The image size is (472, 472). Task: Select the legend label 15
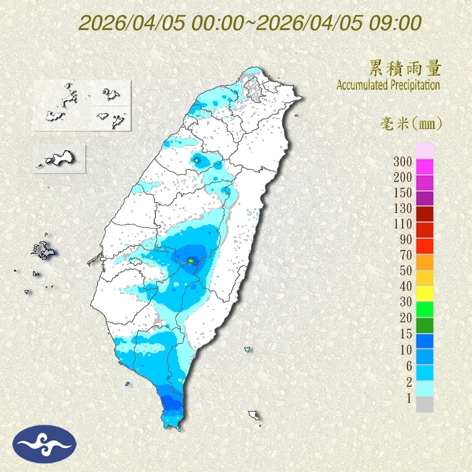pos(405,334)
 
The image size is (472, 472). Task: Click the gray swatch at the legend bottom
pos(424,404)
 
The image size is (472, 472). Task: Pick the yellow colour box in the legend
pos(424,292)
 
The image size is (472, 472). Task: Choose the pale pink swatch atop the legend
pos(424,151)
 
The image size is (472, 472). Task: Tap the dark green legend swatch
pos(424,325)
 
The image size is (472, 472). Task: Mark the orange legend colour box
pos(424,261)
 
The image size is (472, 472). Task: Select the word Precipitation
pos(416,85)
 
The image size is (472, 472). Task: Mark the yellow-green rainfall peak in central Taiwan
pos(191,261)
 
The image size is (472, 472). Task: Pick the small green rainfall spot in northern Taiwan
pos(197,160)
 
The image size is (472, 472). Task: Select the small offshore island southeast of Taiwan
pos(254,415)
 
